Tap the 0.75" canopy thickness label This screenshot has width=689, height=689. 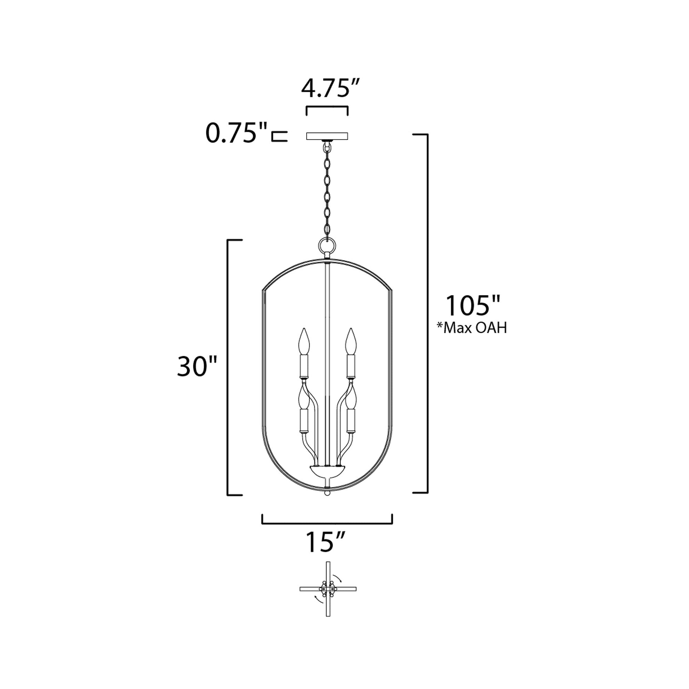pos(237,133)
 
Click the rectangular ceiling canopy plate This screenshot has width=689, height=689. pos(327,136)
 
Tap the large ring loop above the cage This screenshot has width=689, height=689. pos(327,246)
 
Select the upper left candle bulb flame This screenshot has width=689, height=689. pos(304,341)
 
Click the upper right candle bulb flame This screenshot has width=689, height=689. pos(351,341)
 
